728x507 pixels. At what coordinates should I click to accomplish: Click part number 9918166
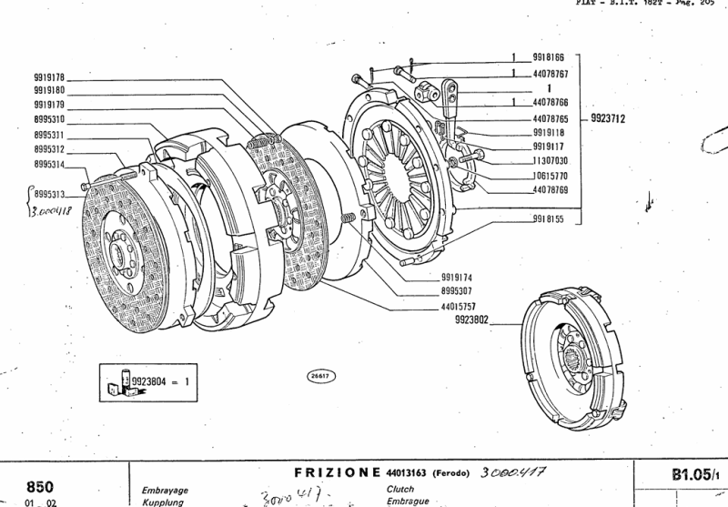click(549, 56)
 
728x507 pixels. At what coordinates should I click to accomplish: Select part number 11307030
click(549, 160)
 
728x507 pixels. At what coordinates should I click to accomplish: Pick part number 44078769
click(549, 190)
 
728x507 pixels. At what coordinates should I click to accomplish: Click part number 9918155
click(549, 220)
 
